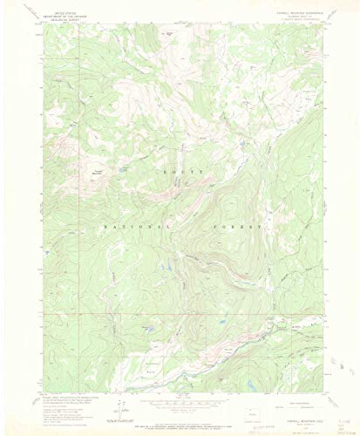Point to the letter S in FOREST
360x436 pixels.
coord(250,225)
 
